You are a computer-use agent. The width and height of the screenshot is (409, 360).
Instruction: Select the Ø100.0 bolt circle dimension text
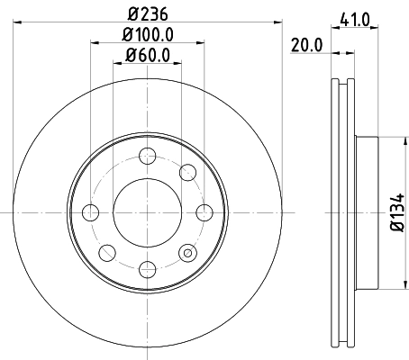147,35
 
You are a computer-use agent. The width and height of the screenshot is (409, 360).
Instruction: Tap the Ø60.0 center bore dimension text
147,57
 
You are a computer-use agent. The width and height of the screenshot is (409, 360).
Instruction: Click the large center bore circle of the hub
147,213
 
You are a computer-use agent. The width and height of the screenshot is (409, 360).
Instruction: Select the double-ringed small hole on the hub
187,253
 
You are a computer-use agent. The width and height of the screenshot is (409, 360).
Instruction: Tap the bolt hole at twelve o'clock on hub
147,156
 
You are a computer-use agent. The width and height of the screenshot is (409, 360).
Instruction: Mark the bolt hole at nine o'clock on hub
90,213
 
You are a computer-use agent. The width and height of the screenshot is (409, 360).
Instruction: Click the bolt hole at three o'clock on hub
204,213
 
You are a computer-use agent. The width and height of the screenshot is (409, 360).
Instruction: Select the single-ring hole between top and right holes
187,173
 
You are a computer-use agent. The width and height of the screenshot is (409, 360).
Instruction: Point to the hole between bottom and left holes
107,253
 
